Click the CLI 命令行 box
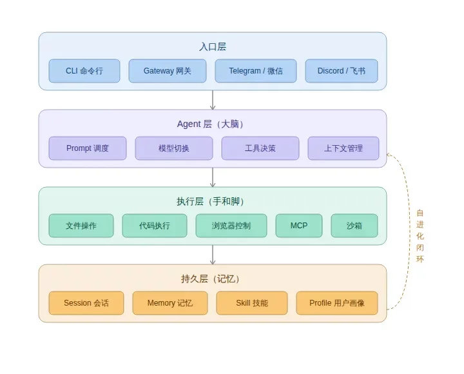point(84,71)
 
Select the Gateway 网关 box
point(168,71)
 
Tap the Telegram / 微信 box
point(255,71)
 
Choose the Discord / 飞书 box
point(342,71)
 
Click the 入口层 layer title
point(213,47)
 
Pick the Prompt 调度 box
point(88,148)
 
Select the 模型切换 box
point(174,148)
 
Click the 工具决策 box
point(260,148)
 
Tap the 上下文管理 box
point(343,148)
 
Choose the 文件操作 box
point(81,226)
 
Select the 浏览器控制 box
point(231,226)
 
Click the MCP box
point(299,226)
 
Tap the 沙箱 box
point(354,226)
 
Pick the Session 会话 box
point(86,303)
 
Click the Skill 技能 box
point(252,303)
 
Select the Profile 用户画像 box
point(337,303)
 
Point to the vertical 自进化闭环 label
point(420,236)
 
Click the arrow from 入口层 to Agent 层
point(213,100)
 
